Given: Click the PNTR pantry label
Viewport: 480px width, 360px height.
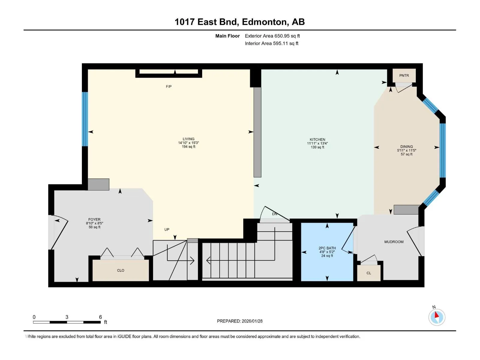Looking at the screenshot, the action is (x=404, y=75).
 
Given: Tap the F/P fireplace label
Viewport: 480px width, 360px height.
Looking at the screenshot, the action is (x=169, y=87).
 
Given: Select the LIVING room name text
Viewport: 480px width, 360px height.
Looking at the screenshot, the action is (x=188, y=139).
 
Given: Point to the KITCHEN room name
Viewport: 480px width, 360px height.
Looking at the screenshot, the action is (x=317, y=139).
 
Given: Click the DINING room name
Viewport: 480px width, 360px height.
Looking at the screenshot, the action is (x=406, y=147).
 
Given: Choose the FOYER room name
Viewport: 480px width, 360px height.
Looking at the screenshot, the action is (x=94, y=220).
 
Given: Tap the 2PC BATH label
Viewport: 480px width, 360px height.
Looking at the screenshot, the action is (x=327, y=248).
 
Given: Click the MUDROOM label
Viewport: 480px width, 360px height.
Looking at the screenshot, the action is (x=394, y=242).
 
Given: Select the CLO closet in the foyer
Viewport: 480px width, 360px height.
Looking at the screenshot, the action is (x=121, y=270).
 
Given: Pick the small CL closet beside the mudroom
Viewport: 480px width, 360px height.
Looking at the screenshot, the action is (x=369, y=273).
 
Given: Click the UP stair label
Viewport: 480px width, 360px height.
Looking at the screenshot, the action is (x=166, y=229).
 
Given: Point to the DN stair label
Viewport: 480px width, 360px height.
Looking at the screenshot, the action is (x=274, y=214).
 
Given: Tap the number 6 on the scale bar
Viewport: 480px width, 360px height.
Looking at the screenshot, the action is (x=100, y=317).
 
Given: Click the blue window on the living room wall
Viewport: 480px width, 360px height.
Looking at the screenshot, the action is (x=85, y=119).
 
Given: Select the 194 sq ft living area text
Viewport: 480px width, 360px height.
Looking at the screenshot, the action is (x=188, y=147).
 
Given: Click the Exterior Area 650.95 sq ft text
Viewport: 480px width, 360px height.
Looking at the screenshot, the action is (x=272, y=36).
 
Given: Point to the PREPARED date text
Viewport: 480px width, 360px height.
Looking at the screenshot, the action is (x=239, y=321).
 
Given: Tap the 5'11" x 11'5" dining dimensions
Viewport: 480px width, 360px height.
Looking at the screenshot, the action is (x=406, y=150).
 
